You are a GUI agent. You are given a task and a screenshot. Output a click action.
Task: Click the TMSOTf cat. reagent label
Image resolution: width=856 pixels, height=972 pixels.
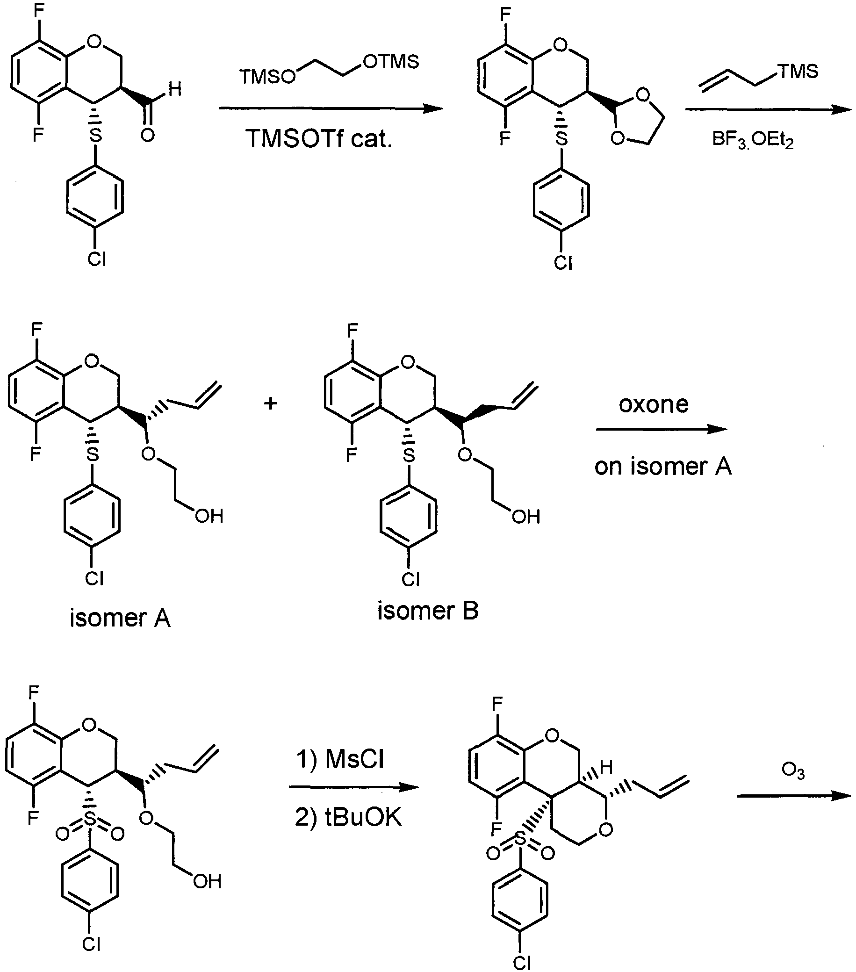tap(318, 139)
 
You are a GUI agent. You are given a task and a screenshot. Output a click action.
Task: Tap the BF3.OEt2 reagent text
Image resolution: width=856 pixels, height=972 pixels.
tap(753, 140)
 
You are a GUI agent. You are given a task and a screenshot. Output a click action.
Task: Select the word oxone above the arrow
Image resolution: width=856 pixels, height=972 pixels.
tap(654, 405)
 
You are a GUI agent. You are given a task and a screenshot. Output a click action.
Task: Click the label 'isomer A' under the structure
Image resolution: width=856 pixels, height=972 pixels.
tap(120, 619)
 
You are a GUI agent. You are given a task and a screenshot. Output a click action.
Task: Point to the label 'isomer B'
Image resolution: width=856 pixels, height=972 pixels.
tap(428, 611)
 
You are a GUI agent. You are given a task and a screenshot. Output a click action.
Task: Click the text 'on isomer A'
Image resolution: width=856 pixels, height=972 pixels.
tap(663, 467)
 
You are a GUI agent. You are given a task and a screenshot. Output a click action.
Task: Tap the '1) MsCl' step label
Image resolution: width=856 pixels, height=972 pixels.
tap(340, 759)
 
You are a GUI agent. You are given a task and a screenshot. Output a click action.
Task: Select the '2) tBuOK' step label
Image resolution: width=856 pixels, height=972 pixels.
tap(349, 818)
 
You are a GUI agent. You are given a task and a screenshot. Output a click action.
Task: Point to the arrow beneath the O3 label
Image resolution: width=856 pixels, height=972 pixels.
tap(794, 795)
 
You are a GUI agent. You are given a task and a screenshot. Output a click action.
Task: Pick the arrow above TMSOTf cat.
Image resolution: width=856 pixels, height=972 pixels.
tap(331, 108)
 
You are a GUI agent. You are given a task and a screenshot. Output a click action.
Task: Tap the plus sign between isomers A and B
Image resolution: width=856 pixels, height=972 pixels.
tap(271, 404)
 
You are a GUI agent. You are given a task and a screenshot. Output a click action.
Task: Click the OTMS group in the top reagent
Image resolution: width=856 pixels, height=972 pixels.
tap(391, 62)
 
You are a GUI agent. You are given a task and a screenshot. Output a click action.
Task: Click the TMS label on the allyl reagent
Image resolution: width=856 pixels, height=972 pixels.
tap(797, 72)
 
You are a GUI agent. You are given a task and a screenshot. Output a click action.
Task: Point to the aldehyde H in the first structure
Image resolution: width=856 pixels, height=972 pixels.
tap(175, 89)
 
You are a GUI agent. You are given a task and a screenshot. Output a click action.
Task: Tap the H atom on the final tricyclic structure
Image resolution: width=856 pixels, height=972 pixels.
tap(606, 767)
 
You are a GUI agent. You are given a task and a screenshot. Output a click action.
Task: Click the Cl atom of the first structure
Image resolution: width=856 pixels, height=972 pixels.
tap(96, 259)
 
